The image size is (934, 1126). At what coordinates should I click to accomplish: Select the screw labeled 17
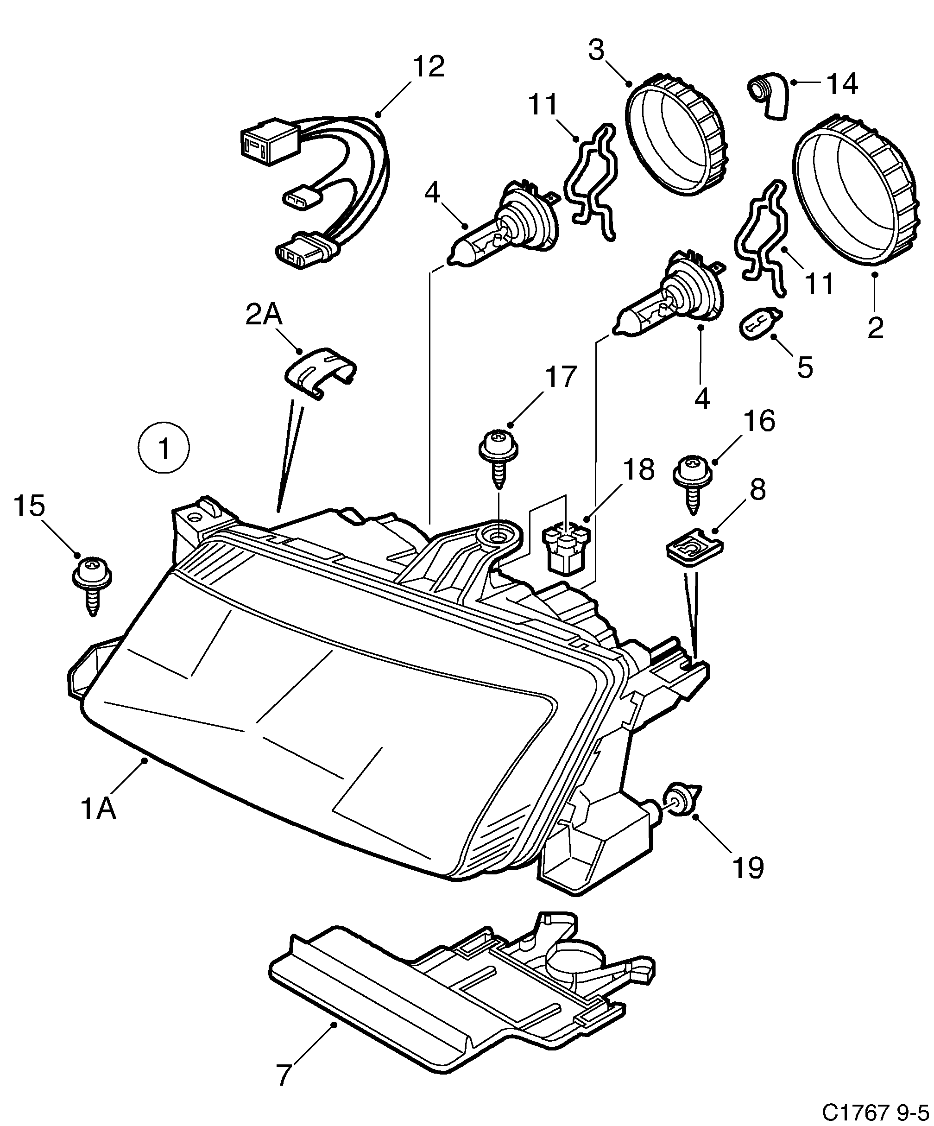click(498, 456)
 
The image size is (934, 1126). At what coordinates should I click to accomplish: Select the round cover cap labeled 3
click(677, 134)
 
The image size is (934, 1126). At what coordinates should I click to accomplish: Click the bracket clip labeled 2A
click(320, 371)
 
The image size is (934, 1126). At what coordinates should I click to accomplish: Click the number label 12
click(429, 66)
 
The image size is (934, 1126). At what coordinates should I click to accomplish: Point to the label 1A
click(99, 809)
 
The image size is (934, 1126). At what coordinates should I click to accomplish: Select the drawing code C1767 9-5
click(876, 1112)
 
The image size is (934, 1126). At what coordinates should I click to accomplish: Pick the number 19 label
click(748, 867)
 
